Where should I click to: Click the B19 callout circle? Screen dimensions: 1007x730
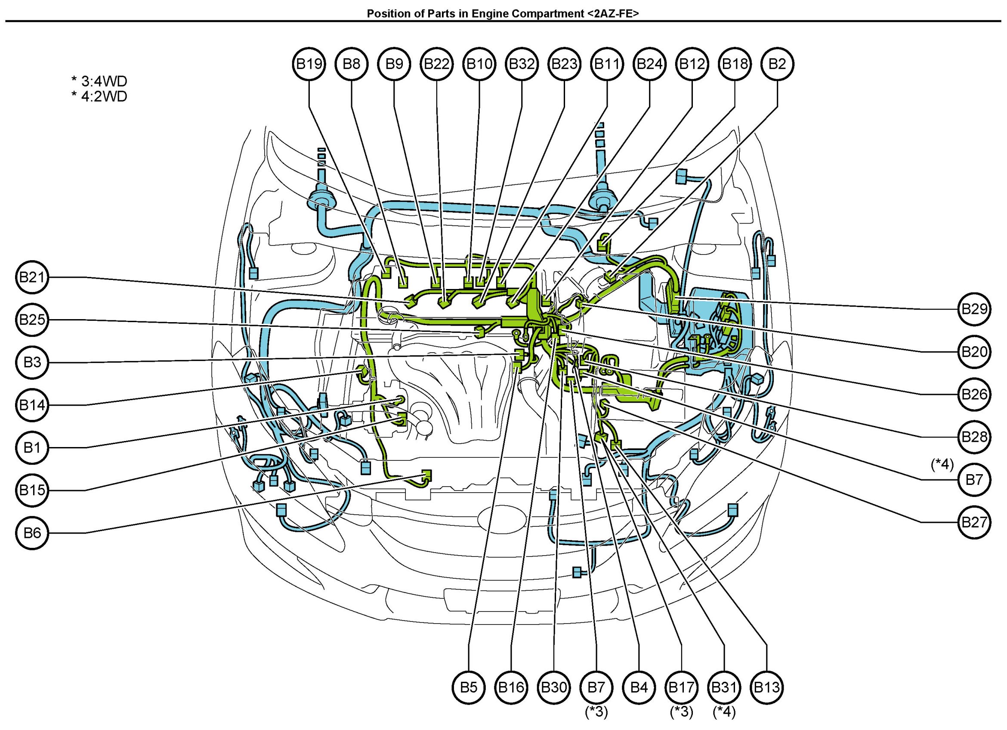tap(309, 64)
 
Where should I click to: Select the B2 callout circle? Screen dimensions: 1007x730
tap(777, 64)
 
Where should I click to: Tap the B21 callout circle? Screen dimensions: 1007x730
tap(32, 278)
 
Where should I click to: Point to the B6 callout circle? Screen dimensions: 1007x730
tap(32, 533)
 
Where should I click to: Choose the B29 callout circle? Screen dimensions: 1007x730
tap(974, 309)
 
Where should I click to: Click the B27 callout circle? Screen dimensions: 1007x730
tap(974, 522)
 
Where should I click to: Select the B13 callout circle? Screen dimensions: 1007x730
tap(767, 688)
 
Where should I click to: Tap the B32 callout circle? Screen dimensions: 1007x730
tap(522, 64)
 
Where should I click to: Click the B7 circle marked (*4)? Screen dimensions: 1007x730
tap(974, 479)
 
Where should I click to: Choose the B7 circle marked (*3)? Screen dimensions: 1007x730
tap(596, 688)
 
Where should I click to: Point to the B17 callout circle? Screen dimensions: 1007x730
tap(682, 688)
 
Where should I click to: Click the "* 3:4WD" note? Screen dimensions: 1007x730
tap(99, 81)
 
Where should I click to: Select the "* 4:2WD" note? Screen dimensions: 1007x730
tap(99, 96)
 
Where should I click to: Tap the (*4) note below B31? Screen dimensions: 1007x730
tap(724, 712)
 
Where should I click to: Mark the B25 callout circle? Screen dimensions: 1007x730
tap(32, 320)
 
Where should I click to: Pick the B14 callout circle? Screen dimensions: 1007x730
tap(32, 405)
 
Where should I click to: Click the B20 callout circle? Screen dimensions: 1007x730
tap(974, 351)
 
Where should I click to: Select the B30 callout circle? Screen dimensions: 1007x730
tap(554, 688)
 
